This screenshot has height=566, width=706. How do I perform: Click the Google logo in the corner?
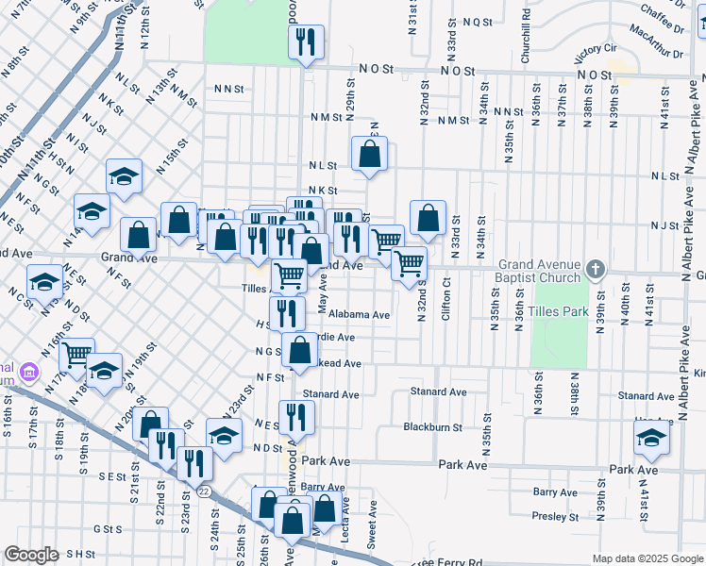click(x=31, y=555)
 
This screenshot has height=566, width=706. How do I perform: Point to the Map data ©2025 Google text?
click(x=647, y=558)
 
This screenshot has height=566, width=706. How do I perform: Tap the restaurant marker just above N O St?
click(x=306, y=42)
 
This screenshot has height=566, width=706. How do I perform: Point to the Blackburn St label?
click(x=432, y=426)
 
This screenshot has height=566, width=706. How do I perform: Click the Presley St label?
click(x=555, y=516)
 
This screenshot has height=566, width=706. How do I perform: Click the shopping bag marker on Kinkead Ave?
click(x=300, y=350)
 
